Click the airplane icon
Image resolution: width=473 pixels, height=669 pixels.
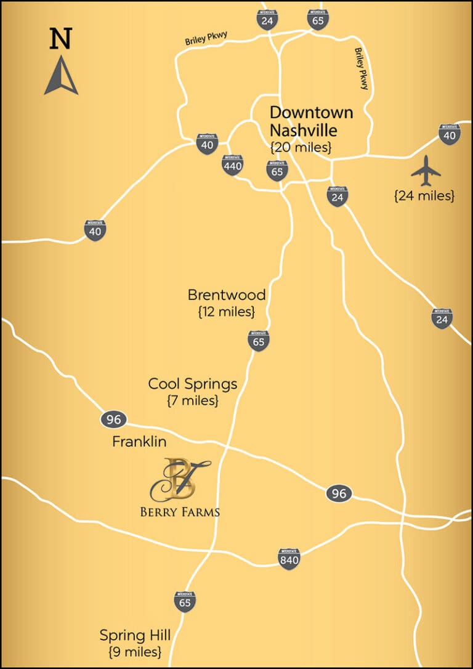426,171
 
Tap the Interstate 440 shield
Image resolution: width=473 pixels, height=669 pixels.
233,164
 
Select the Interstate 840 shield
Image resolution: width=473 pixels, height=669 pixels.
289,559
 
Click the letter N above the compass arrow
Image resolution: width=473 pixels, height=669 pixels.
60,39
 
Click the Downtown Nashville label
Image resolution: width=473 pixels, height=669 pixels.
312,121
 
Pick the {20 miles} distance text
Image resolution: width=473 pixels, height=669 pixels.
301,147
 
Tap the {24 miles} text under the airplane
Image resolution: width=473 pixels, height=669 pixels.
424,196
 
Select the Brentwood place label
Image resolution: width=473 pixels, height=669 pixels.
227,294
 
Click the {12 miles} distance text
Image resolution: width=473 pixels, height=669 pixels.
227,312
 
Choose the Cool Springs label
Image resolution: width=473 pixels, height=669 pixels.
193,384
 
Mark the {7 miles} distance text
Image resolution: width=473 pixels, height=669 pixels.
193,400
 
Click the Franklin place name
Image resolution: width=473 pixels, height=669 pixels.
139,442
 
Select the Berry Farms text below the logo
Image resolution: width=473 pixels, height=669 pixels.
180,511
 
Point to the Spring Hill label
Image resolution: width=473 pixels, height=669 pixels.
135,635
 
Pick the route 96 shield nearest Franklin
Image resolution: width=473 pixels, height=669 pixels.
113,420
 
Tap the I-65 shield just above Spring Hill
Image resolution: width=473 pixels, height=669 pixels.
185,601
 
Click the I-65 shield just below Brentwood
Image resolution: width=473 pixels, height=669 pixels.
259,340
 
